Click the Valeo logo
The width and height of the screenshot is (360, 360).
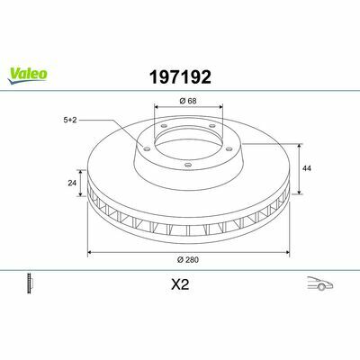click(x=27, y=76)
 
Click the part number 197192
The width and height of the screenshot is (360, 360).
click(x=180, y=77)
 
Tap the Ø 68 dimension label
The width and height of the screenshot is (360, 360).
click(x=188, y=101)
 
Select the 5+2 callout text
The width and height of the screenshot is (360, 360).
click(x=70, y=120)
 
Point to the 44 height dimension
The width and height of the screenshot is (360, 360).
click(x=307, y=168)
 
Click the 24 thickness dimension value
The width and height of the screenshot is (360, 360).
click(x=72, y=183)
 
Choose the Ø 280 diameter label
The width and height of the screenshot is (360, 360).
click(x=188, y=260)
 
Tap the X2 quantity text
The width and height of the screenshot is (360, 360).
click(x=180, y=284)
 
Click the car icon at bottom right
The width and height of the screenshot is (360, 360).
click(x=320, y=283)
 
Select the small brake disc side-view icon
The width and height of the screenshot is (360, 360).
click(x=30, y=283)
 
